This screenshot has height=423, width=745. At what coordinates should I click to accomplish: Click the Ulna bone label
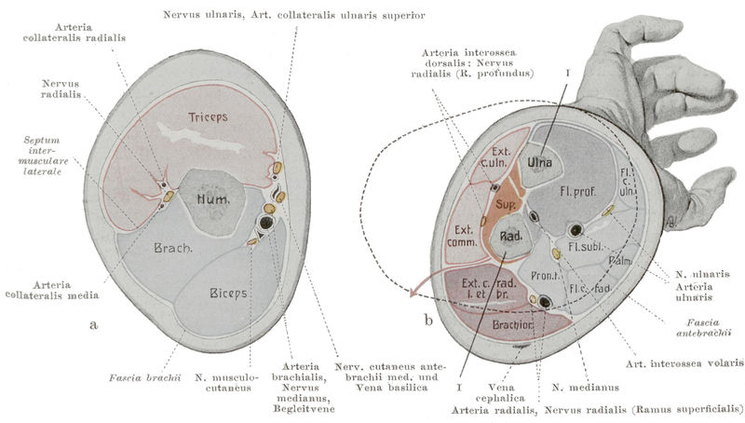pos(539,164)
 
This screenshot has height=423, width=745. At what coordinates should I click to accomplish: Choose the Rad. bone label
pos(510,237)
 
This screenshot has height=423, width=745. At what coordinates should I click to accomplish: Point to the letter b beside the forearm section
pos(427,321)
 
